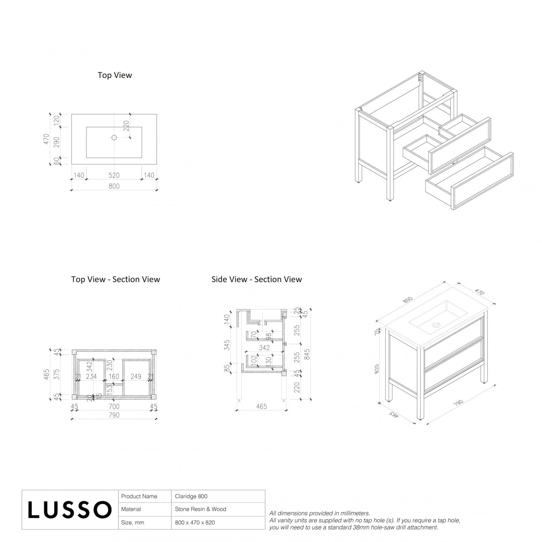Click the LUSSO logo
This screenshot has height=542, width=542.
coord(70,510)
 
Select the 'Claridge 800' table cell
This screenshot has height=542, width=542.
coord(191,496)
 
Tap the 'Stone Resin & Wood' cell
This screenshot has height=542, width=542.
coord(201,509)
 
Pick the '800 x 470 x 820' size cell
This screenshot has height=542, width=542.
coord(195,522)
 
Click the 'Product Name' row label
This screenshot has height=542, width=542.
coord(139,496)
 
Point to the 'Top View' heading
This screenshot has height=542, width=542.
coord(115,75)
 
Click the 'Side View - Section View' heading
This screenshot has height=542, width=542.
coord(257,279)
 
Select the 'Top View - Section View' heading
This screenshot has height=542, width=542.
coord(116,279)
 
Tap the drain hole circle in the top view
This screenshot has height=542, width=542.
coord(114,137)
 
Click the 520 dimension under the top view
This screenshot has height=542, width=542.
coord(114,175)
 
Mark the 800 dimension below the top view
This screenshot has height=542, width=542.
coord(114,186)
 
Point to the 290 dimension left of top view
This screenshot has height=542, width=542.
coord(56,142)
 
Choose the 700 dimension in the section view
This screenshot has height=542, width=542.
coord(114,406)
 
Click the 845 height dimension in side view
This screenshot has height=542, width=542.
coord(307,354)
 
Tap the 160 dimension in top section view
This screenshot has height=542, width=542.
coord(114,377)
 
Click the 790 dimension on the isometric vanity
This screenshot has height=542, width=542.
coord(458,403)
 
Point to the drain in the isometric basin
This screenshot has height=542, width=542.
coord(436,325)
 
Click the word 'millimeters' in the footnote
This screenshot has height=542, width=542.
coord(355,513)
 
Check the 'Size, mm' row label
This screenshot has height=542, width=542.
coord(133,522)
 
